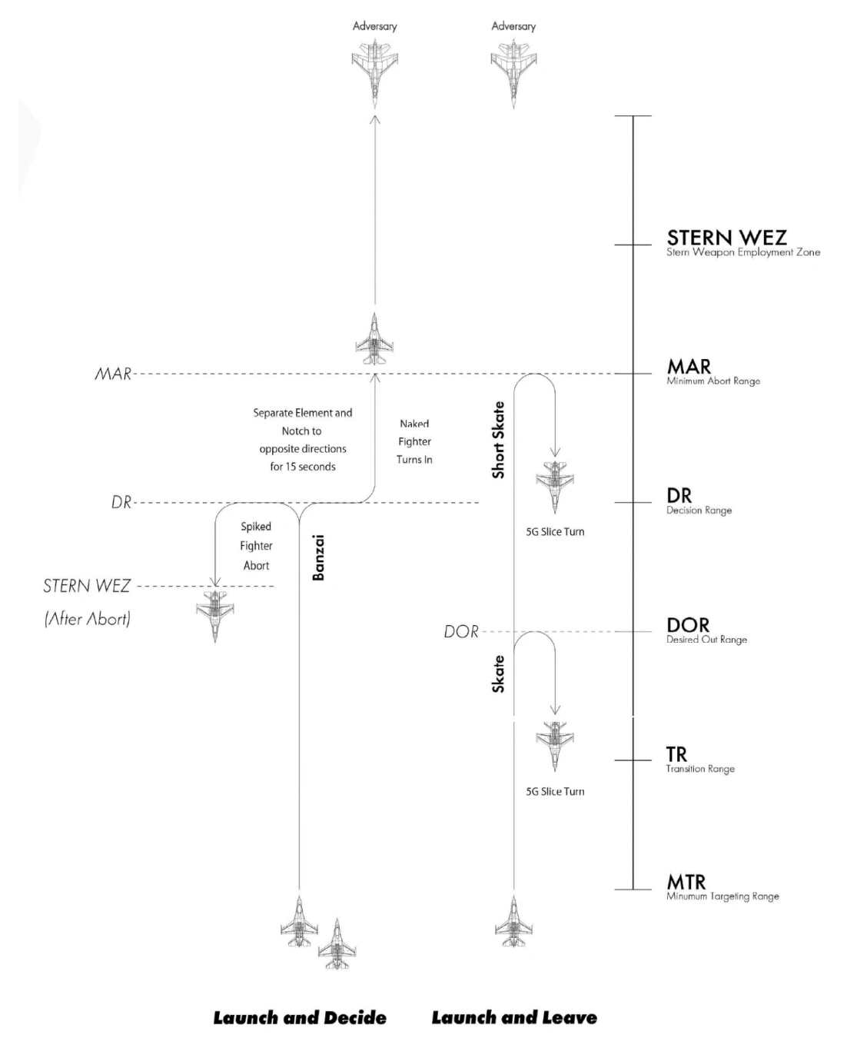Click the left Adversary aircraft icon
pos(374,71)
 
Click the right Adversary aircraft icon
pos(513,71)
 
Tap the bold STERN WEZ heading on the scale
pos(726,238)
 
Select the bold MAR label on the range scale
pos(689,367)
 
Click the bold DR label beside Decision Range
pos(679,496)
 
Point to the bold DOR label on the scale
pos(687,625)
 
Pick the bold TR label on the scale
pos(676,754)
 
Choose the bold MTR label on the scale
pos(686,882)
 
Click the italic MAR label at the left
pos(113,374)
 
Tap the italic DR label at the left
pos(121,503)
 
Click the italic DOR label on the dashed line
pos(461,632)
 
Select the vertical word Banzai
pos(319,557)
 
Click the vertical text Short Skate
pos(499,440)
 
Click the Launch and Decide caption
pos(300,1018)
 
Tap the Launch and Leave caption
pos(514,1018)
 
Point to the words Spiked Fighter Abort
pos(256,546)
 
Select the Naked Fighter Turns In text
pos(414,441)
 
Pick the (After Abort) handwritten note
pos(88,619)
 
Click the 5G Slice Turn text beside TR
pos(555,791)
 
